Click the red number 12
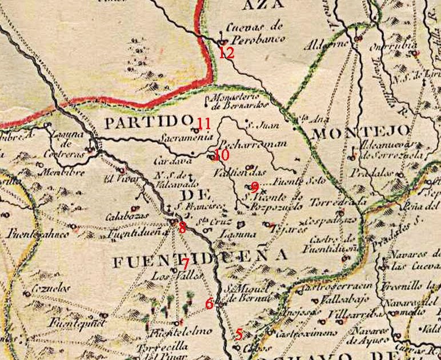point(227,54)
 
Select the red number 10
point(222,155)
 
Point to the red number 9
point(255,187)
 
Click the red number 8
point(182,227)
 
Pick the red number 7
point(186,264)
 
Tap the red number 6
point(209,304)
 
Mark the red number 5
point(239,334)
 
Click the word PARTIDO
point(147,122)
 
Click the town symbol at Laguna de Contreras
point(90,150)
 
